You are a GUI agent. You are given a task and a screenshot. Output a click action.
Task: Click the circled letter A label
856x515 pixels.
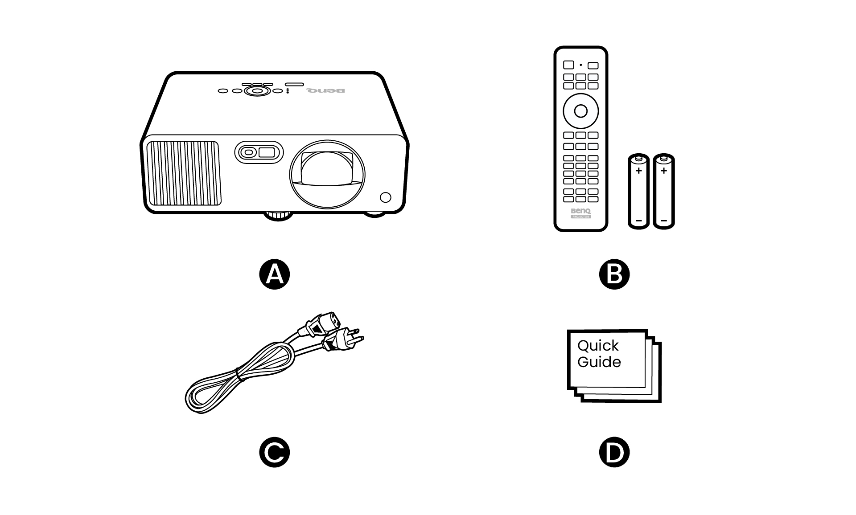(275, 274)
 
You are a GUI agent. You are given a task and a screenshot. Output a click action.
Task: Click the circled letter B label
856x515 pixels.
(614, 274)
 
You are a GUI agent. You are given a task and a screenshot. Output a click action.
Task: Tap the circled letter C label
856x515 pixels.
(275, 452)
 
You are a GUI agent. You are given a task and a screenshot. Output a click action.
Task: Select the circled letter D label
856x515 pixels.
(614, 452)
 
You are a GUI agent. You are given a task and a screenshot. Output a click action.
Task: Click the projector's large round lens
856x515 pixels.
(327, 174)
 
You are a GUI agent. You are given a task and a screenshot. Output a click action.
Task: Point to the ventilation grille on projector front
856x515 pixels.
(183, 173)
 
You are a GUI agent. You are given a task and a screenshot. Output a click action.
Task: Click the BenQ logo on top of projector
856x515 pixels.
(325, 91)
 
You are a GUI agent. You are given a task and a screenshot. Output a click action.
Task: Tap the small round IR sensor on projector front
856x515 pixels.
(386, 197)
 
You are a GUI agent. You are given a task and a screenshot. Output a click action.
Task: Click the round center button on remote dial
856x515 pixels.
(580, 110)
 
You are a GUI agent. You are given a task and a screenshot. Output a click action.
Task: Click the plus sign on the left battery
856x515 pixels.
(638, 171)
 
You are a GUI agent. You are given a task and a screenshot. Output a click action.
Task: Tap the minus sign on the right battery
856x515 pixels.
(664, 221)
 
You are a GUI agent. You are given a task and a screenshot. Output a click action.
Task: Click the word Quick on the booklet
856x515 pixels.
(597, 346)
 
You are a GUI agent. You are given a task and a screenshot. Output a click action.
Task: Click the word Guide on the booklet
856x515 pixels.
(599, 362)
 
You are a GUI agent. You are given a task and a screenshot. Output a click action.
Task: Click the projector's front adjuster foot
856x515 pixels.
(278, 216)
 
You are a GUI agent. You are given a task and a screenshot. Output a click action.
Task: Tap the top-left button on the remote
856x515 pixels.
(568, 65)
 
